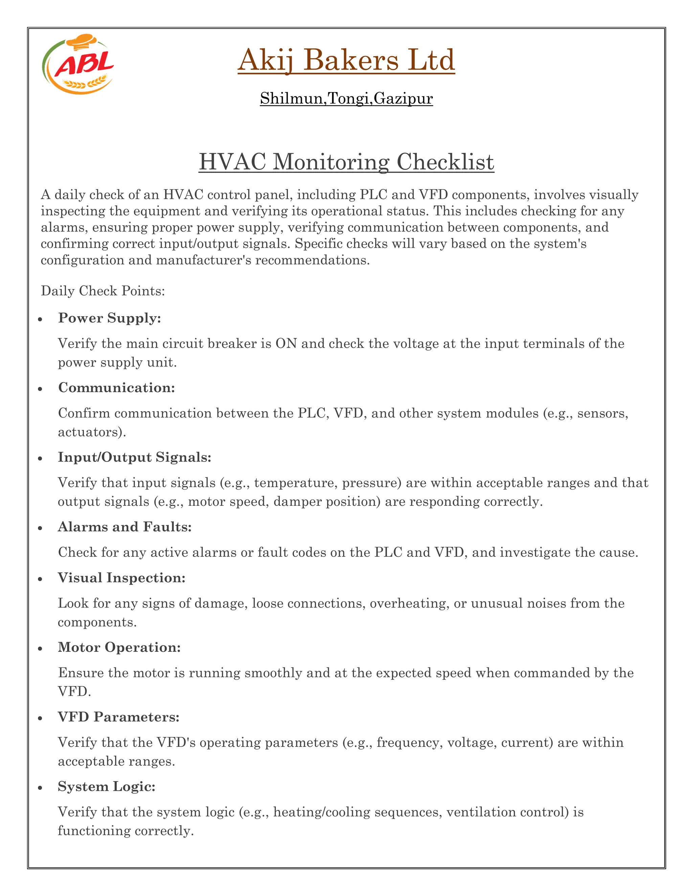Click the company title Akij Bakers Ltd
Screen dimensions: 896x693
[x=346, y=60]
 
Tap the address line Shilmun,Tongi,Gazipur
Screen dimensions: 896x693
[x=346, y=98]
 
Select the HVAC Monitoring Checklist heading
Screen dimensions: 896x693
[x=346, y=162]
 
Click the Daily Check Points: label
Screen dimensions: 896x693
[x=103, y=291]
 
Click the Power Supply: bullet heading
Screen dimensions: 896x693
[x=109, y=318]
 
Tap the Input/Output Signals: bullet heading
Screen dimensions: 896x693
[x=134, y=457]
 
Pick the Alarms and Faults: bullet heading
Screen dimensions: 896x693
[x=125, y=527]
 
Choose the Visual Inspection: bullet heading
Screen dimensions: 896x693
[x=121, y=577]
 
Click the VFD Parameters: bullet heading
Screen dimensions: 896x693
[x=119, y=717]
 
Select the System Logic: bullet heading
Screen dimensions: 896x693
[x=107, y=786]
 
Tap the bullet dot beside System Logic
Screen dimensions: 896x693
[x=40, y=788]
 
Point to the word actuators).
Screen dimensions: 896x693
[x=92, y=432]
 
